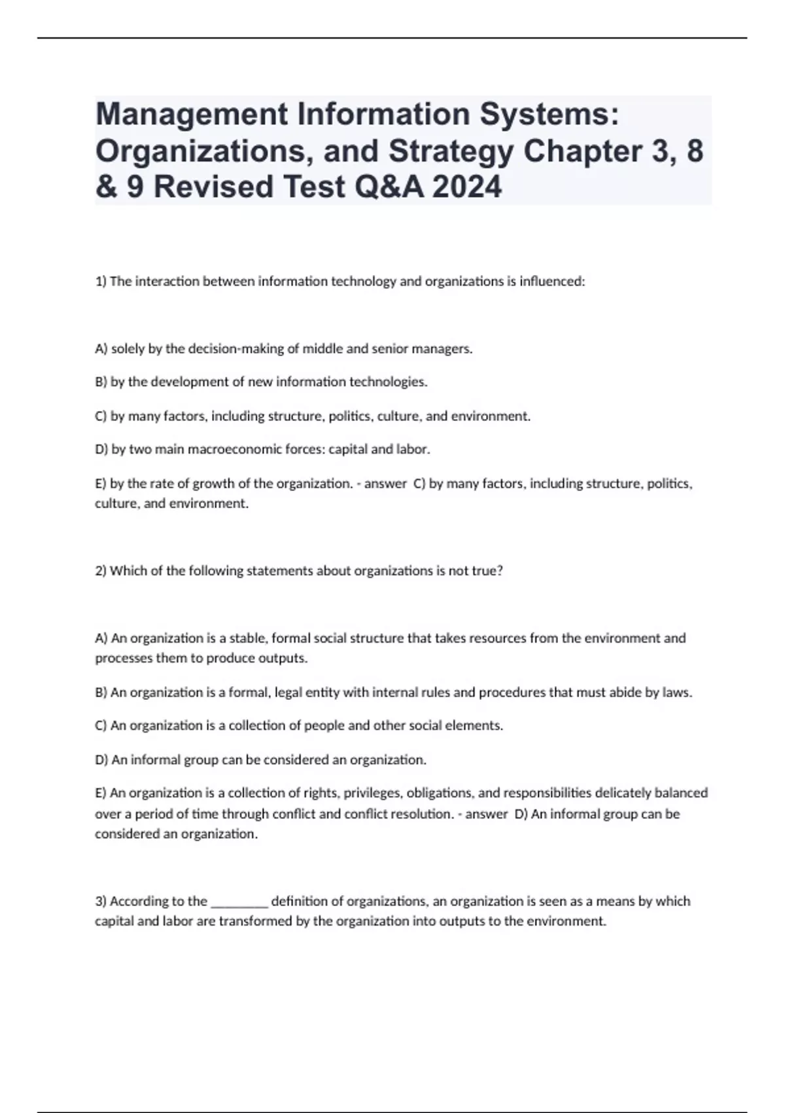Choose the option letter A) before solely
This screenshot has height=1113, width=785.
101,349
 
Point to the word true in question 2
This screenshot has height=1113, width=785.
486,571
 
